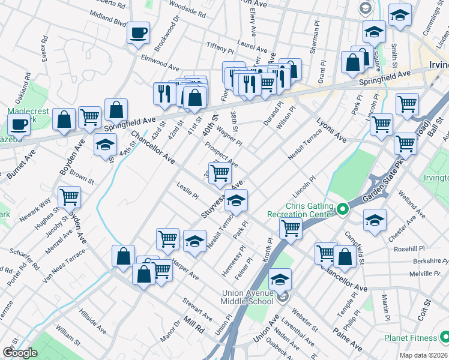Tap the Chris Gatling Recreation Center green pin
coord(343,209)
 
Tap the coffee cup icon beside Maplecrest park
coord(19,125)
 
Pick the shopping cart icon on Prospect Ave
coord(220,172)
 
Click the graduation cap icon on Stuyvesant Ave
coord(237,200)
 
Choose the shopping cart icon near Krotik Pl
coord(291,227)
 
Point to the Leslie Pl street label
coord(188,190)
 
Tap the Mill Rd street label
coord(195,326)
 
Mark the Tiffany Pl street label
coord(219,48)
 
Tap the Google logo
coord(20,353)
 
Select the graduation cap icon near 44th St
coord(105,145)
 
